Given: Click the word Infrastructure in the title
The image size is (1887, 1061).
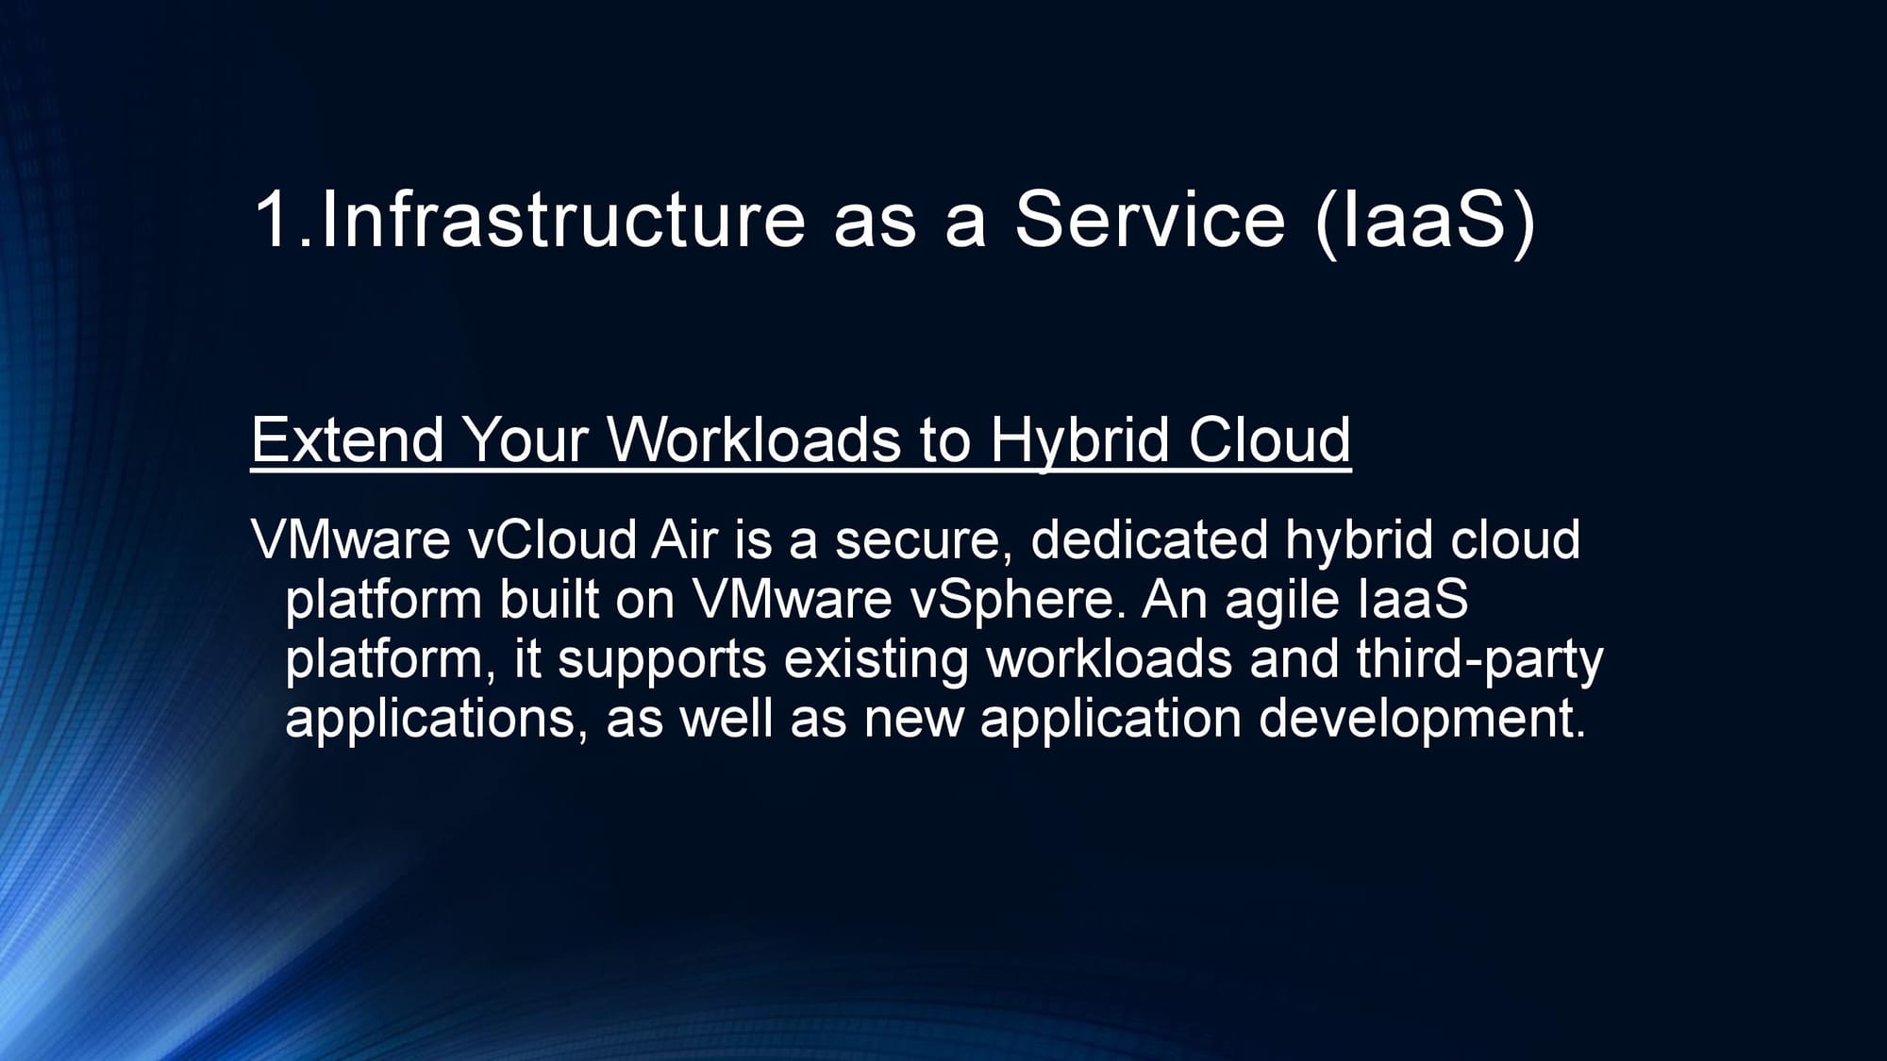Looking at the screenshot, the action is [563, 219].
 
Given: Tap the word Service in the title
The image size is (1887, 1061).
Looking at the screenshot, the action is [1150, 219].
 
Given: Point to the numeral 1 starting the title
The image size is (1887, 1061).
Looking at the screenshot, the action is [273, 219].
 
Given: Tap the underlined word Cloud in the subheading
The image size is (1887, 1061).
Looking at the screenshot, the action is [1270, 439].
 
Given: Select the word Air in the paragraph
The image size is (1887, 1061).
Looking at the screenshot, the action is [684, 540].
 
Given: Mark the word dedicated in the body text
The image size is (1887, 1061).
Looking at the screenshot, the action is [1149, 540].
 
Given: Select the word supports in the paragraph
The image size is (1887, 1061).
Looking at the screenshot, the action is [662, 662].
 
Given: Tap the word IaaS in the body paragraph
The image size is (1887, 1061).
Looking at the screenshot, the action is [1412, 600].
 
